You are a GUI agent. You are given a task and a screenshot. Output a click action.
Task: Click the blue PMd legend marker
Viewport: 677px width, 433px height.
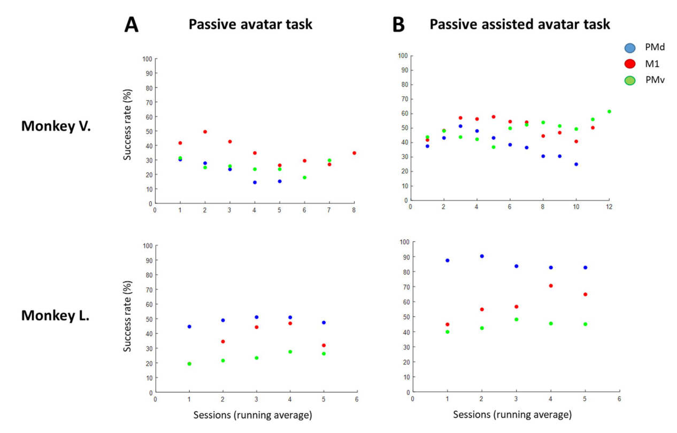[630, 48]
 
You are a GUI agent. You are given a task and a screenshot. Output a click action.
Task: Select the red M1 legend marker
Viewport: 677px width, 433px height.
[630, 64]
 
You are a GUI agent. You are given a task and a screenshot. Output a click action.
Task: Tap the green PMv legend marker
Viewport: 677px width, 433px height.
[630, 80]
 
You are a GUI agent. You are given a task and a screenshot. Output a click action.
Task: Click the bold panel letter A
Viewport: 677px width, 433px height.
[132, 25]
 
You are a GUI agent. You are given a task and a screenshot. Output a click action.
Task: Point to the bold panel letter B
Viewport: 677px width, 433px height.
[398, 25]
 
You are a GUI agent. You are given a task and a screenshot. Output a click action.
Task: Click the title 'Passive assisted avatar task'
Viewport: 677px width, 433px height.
[520, 24]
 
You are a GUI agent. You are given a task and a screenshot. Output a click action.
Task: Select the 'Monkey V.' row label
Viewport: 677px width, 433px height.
[56, 126]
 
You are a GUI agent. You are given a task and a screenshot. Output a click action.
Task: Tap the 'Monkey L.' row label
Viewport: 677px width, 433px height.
[55, 315]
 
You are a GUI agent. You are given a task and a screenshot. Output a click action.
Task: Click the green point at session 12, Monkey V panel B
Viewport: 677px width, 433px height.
[609, 112]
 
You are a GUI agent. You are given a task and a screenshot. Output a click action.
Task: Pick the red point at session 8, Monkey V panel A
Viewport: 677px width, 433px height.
[354, 153]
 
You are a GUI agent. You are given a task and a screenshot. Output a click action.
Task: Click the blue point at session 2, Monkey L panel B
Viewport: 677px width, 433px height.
[482, 256]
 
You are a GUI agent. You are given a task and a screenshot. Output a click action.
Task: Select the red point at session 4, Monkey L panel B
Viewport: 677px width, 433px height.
[551, 286]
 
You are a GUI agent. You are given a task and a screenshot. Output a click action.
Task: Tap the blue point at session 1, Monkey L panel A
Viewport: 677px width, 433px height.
[189, 327]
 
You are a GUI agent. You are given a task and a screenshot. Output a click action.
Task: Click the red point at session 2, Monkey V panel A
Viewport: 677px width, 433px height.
[205, 132]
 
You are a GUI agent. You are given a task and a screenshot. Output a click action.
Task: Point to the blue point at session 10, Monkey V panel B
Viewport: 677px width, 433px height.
[576, 164]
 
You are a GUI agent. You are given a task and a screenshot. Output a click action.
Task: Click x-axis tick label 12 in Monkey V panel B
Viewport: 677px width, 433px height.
[609, 207]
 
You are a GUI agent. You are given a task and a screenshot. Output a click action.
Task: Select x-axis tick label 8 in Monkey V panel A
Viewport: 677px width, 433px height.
[354, 210]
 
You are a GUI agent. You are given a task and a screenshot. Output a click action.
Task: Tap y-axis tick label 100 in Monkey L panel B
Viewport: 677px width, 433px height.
[404, 242]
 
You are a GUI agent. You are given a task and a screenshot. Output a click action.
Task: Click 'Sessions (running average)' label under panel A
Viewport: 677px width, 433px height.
[252, 415]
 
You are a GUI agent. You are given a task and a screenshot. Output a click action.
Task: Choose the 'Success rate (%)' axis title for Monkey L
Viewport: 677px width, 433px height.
[127, 316]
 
